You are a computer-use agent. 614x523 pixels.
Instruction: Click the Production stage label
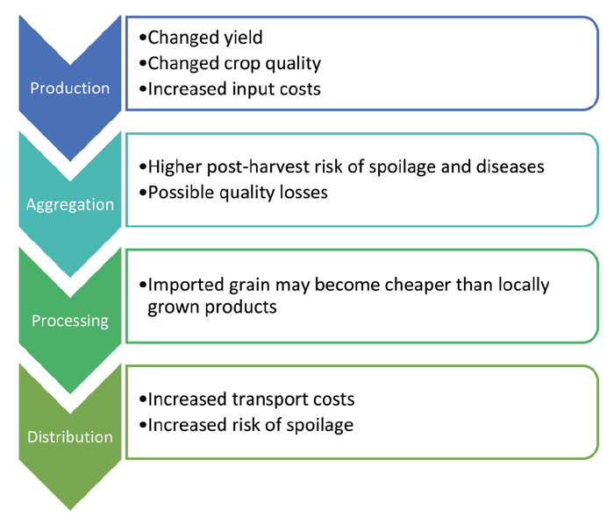70,88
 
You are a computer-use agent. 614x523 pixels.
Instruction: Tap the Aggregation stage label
70,205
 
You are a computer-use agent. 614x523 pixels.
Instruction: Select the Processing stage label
70,322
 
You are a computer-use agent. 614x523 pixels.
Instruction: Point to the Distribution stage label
70,437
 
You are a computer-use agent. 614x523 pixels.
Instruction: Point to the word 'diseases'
510,166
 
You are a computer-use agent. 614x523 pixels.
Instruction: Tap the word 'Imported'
186,286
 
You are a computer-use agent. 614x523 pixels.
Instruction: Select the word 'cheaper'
418,286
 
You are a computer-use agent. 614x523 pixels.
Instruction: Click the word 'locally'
524,286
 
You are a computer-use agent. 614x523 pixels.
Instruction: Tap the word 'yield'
243,38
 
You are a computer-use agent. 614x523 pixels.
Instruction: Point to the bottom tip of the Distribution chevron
70,510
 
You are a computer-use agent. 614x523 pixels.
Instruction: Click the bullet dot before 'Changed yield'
143,39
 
